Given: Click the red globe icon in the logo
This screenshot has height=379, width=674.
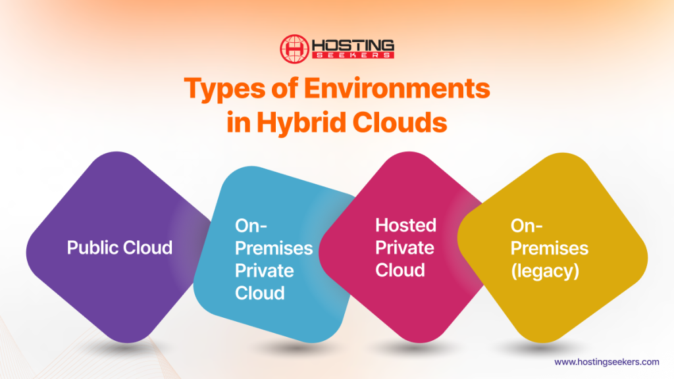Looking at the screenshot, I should tap(294, 49).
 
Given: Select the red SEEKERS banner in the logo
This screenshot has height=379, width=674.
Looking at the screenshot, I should tap(353, 55).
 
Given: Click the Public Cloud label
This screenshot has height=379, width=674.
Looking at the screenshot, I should tap(120, 247).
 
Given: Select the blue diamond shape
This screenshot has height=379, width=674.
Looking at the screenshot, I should tap(276, 316).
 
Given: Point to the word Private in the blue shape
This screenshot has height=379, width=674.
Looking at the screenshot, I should tap(265, 270).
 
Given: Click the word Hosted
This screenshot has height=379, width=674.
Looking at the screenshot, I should tap(405, 225).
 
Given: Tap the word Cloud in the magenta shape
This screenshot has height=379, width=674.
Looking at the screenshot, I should tap(400, 270).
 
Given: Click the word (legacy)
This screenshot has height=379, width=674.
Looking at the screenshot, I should tap(545, 270).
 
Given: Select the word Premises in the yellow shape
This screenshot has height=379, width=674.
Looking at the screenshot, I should tap(549, 248).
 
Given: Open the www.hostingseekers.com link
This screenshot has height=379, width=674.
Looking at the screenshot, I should tap(606, 362).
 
